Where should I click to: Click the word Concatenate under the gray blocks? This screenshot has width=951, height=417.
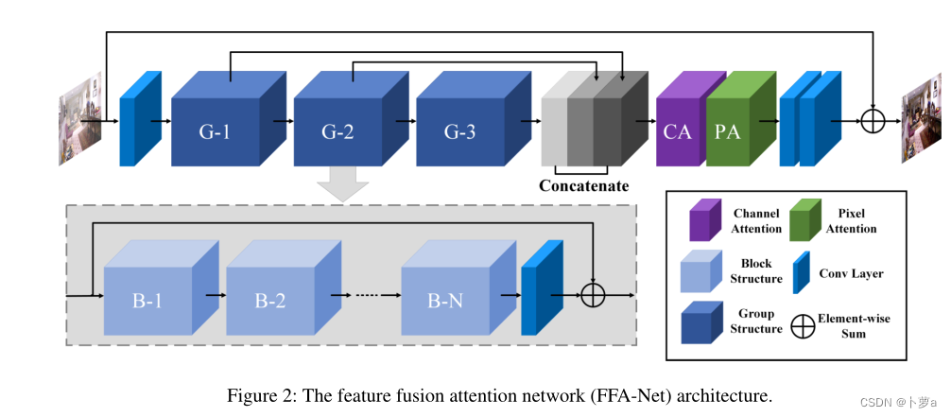pyautogui.click(x=583, y=185)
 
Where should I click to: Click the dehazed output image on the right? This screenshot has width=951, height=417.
pyautogui.click(x=920, y=120)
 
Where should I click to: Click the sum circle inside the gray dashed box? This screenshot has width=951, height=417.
pyautogui.click(x=593, y=295)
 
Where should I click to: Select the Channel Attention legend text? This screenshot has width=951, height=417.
pyautogui.click(x=757, y=221)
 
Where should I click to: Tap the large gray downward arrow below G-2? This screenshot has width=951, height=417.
pyautogui.click(x=337, y=182)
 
